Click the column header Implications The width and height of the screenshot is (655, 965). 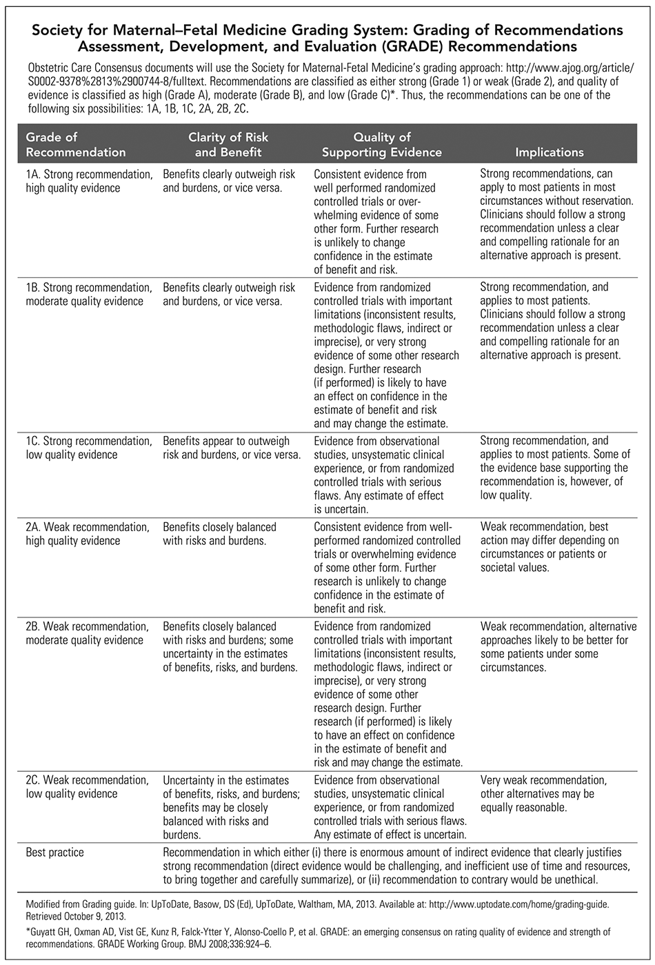tap(549, 152)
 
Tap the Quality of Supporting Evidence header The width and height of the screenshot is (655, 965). tap(382, 145)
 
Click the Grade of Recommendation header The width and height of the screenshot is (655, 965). tap(76, 145)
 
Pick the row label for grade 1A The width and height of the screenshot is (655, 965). tap(89, 181)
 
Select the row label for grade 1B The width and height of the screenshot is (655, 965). tap(89, 294)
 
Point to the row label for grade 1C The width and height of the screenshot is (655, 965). tap(89, 448)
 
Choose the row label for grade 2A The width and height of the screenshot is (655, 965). tap(87, 534)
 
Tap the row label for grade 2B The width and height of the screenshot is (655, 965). tap(87, 633)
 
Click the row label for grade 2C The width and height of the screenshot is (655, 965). tap(87, 787)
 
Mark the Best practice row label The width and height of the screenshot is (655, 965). tap(54, 853)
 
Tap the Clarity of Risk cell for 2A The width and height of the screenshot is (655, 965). tap(219, 534)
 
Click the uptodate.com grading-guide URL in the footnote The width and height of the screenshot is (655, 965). tap(532, 902)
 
